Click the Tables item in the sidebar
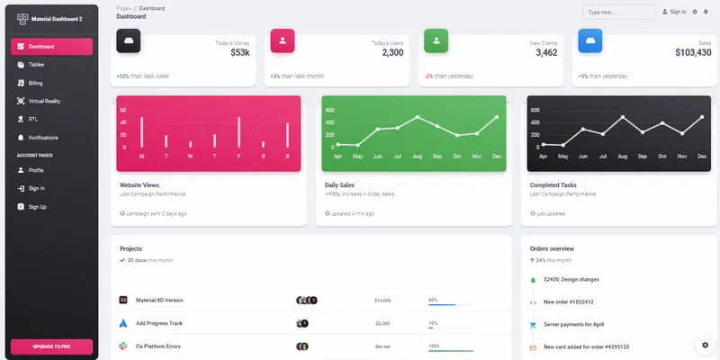[36, 65]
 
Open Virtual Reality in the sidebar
[44, 101]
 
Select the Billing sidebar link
[36, 83]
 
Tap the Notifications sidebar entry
[43, 138]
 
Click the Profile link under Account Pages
[36, 170]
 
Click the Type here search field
[619, 13]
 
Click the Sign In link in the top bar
[674, 12]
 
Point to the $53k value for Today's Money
[240, 53]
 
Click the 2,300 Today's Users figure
[392, 53]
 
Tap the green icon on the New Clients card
[436, 40]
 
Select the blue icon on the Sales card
[589, 40]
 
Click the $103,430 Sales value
[693, 53]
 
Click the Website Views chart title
[139, 185]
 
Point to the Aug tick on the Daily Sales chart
[418, 157]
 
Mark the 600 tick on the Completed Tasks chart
[535, 111]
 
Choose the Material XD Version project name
[159, 300]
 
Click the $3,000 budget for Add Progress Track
[382, 323]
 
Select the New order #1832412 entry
[568, 301]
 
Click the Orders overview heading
[552, 248]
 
